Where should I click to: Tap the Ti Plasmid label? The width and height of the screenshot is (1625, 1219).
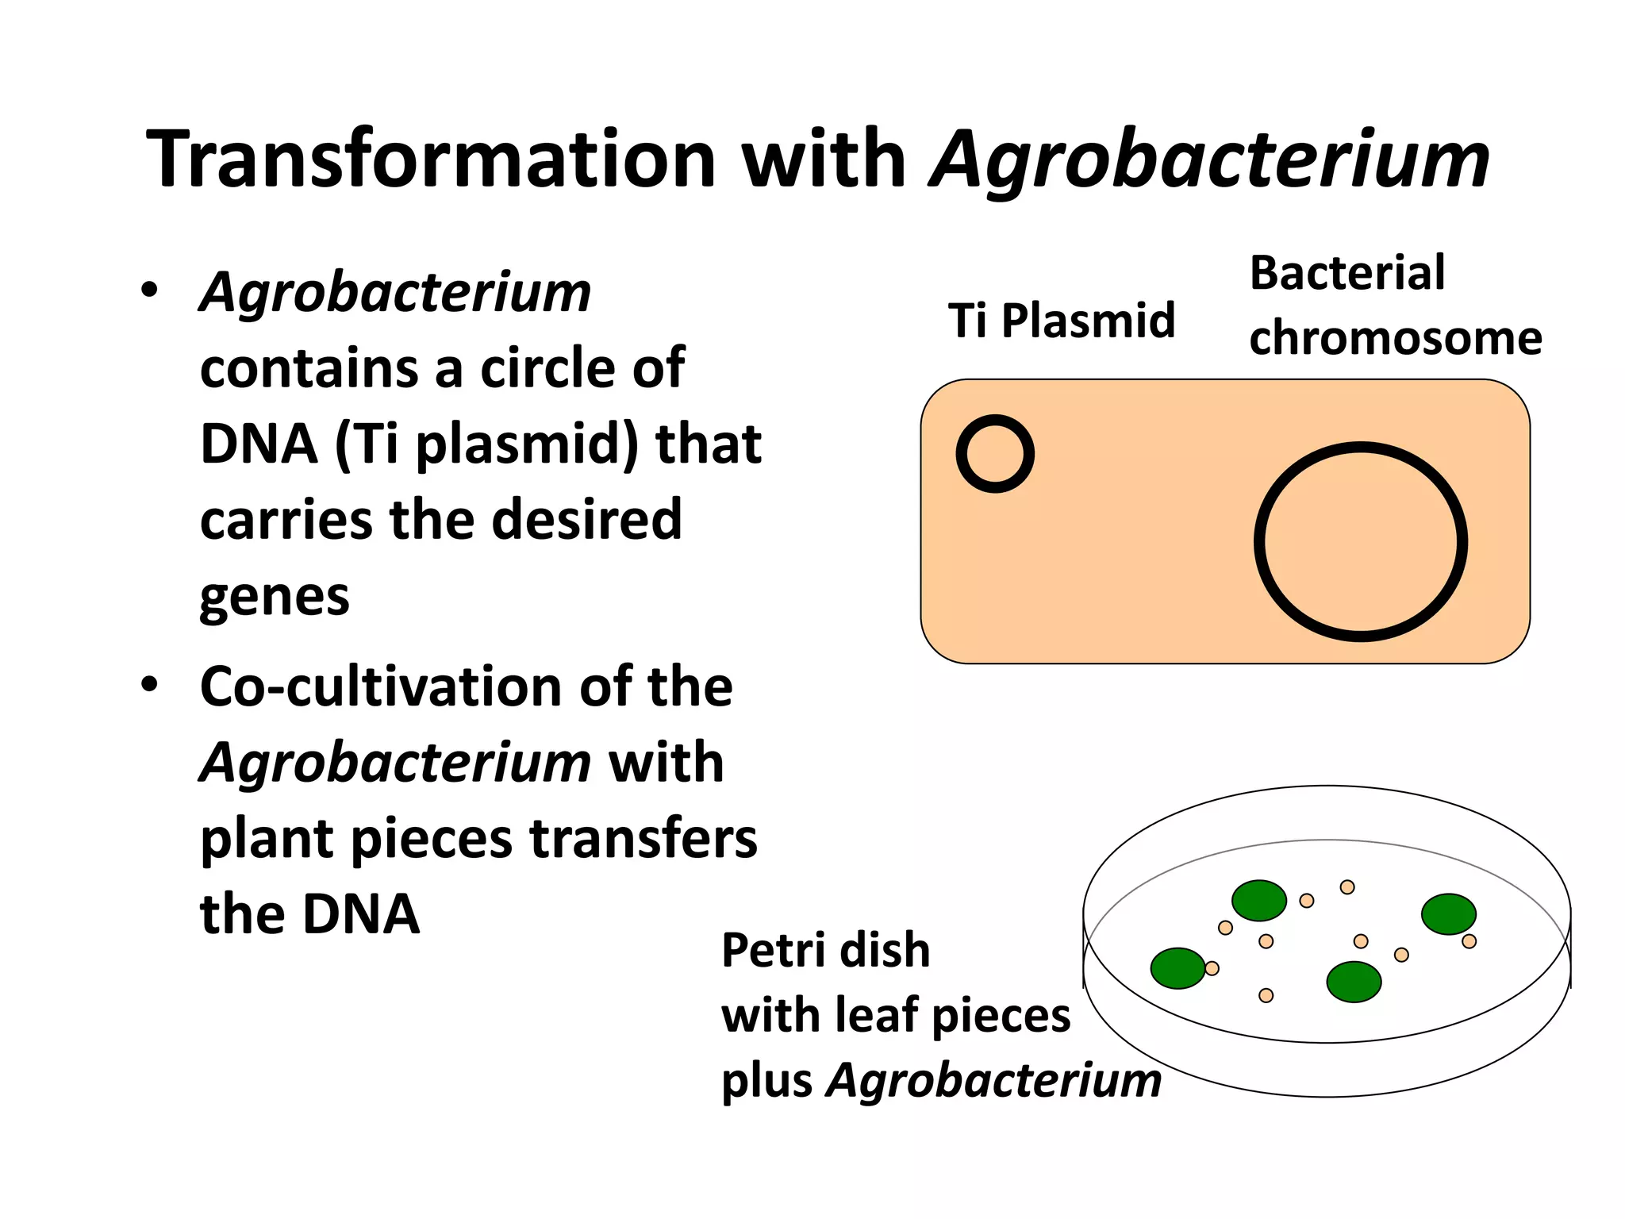[1061, 321]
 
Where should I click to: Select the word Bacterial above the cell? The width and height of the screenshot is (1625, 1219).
[1346, 273]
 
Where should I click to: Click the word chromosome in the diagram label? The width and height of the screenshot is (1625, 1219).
[1395, 338]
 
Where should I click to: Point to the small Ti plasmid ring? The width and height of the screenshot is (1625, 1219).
[995, 454]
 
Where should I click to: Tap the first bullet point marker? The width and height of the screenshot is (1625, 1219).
[149, 290]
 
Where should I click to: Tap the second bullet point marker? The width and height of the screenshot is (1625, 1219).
[149, 684]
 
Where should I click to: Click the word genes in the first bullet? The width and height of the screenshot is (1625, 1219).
[274, 597]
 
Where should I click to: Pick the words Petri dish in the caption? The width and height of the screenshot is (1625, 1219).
[825, 950]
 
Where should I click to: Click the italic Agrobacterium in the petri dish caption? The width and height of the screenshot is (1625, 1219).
[993, 1081]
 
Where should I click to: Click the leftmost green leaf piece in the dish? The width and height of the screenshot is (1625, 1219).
[1177, 968]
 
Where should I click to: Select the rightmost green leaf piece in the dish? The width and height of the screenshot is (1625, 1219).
[1448, 914]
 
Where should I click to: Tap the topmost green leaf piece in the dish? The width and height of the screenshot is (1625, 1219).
[1258, 901]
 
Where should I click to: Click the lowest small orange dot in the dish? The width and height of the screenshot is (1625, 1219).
[1266, 995]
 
